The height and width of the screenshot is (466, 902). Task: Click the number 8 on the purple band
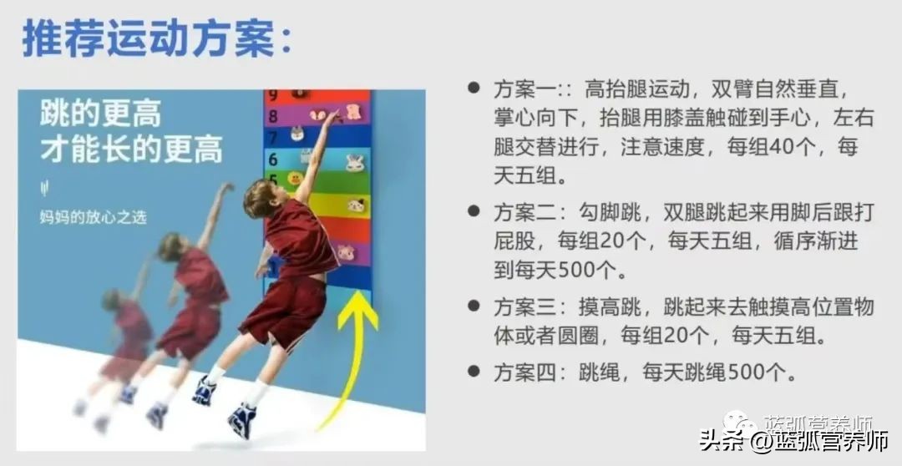272,117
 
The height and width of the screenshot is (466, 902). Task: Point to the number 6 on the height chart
272,158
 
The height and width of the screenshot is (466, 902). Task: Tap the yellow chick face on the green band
295,178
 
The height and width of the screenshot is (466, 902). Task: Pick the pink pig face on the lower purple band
346,251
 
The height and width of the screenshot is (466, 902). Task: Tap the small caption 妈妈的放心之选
93,217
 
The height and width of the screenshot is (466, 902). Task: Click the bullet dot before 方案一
474,88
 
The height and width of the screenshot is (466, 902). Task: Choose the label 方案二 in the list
519,213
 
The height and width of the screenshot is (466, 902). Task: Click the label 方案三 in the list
519,306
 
